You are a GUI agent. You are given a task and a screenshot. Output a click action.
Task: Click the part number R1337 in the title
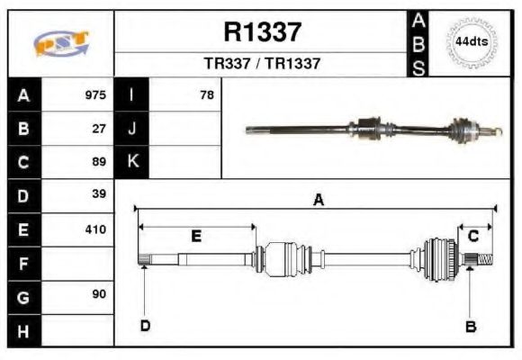[x=262, y=32]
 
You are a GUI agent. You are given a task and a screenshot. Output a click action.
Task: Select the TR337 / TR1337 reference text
[x=262, y=65]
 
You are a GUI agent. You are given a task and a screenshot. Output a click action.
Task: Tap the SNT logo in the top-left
[x=61, y=43]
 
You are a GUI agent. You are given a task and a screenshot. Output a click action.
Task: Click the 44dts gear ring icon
[x=471, y=42]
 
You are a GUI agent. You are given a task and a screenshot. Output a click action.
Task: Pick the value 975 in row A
[x=94, y=94]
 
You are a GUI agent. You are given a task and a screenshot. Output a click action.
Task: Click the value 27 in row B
[x=100, y=129]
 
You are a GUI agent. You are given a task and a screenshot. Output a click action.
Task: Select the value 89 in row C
[x=100, y=162]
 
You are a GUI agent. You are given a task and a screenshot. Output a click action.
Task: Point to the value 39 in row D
[x=100, y=194]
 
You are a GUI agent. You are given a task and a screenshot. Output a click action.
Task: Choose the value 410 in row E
[x=95, y=229]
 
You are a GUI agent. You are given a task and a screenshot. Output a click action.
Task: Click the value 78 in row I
[x=206, y=94]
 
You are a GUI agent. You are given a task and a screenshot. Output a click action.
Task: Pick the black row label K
[x=132, y=162]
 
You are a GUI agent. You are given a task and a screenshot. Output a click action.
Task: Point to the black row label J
[x=132, y=129]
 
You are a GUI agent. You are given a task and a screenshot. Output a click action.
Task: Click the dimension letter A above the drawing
[x=318, y=201]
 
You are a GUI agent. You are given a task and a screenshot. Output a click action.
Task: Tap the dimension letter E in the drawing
[x=195, y=236]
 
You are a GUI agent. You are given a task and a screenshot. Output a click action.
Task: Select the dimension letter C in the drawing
[x=472, y=236]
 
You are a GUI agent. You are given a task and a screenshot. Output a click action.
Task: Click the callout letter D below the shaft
[x=144, y=325]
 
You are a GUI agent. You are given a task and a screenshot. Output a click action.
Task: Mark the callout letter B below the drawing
[x=470, y=326]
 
